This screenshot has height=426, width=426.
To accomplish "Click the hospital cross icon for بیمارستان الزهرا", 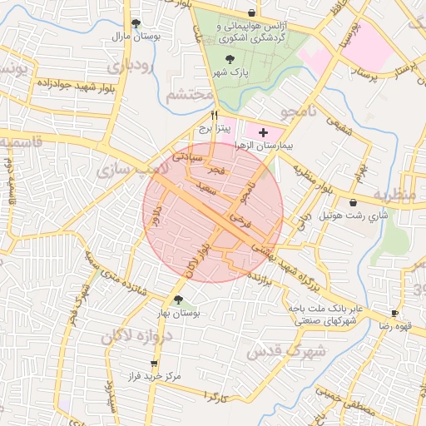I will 264,132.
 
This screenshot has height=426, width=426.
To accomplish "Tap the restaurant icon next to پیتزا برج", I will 215,116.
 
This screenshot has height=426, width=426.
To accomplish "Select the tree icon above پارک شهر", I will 230,58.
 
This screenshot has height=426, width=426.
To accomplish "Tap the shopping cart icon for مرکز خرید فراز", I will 154,364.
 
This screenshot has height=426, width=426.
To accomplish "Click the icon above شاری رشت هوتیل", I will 354,201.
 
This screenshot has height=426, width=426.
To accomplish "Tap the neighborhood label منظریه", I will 393,195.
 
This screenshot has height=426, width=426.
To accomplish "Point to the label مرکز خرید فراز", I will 150,377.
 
